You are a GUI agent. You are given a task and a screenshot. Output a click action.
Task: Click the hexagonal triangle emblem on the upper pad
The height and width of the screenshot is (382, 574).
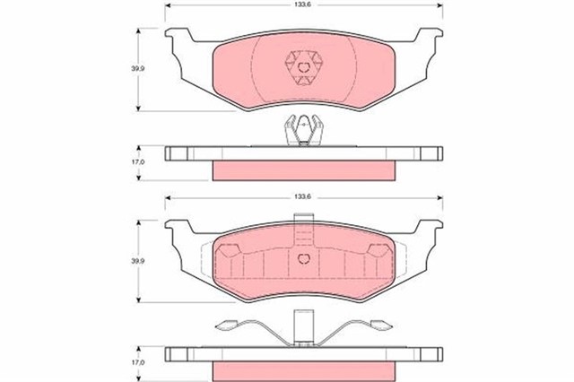[306, 66]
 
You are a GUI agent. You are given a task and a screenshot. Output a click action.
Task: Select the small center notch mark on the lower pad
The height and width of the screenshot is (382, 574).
[306, 258]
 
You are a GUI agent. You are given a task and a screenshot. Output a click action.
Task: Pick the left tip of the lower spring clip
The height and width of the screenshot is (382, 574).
[218, 326]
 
